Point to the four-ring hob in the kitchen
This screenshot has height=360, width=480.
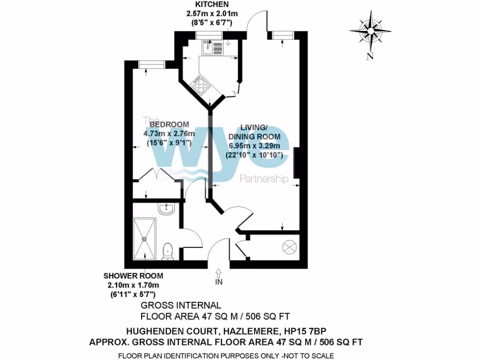pos(200,85)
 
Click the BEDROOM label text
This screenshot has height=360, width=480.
pos(169,124)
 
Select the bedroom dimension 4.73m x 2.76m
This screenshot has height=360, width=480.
pos(169,134)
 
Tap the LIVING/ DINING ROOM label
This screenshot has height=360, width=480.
pos(261,132)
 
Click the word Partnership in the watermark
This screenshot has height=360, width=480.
pos(263,179)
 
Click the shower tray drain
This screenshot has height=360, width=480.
pos(145,238)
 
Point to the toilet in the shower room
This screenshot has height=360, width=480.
pos(168,251)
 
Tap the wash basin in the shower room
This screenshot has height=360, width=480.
pos(166,209)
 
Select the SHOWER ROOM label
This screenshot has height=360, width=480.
pos(134,276)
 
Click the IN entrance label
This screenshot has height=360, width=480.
pos(219,282)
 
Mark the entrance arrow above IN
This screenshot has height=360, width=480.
pos(219,273)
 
